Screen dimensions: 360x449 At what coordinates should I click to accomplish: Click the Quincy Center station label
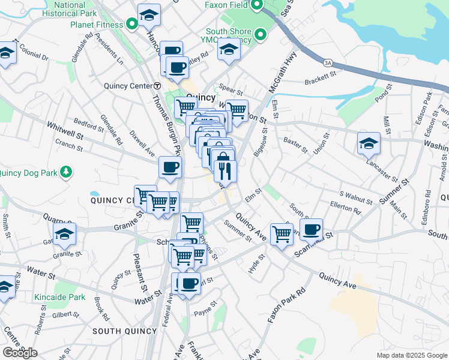129,86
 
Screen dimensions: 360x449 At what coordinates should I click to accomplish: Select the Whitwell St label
66,133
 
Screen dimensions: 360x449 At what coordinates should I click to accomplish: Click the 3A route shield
328,62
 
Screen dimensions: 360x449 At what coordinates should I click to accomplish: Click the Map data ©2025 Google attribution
412,355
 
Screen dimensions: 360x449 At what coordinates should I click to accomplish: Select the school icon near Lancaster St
369,144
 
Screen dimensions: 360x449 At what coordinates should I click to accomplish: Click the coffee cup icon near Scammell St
311,229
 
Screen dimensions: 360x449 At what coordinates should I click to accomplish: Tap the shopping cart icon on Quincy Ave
281,234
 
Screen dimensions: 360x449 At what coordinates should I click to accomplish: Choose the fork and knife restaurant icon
225,171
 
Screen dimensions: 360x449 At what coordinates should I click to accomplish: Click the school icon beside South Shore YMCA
229,50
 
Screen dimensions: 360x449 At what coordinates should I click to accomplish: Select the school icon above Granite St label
64,236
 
